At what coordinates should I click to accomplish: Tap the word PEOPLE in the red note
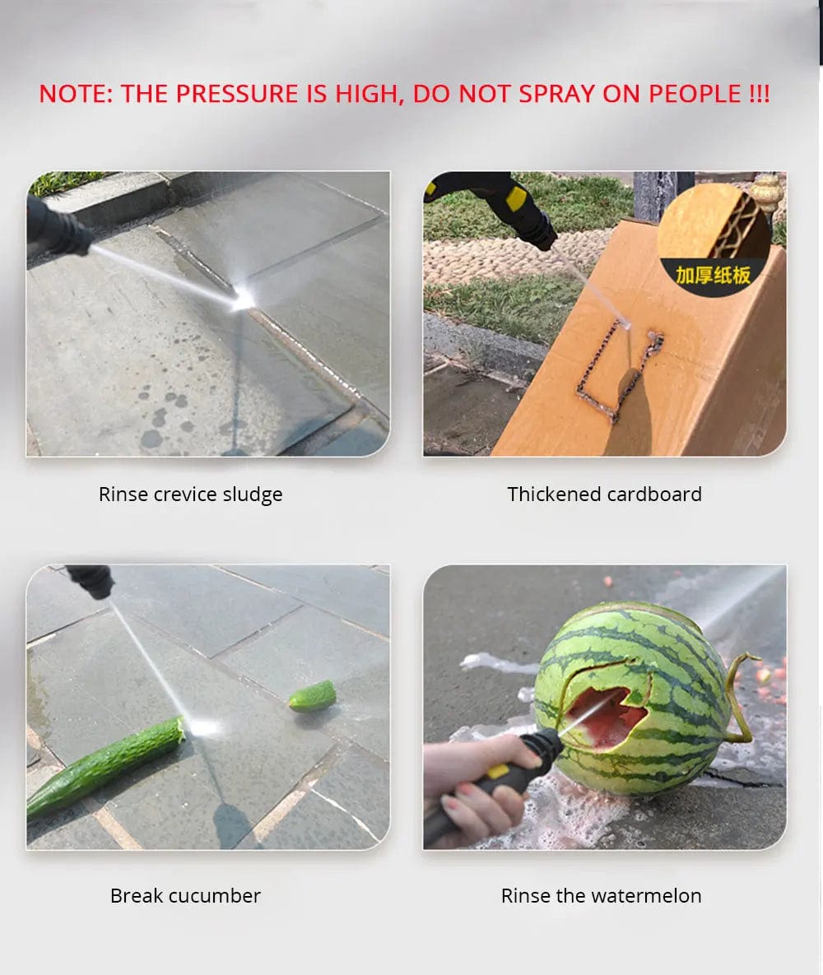pos(695,94)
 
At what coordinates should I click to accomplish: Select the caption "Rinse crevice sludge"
pos(190,494)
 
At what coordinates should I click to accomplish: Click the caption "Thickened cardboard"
pos(604,494)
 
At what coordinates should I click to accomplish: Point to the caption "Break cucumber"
pos(185,895)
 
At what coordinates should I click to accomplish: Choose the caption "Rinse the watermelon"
pos(601,895)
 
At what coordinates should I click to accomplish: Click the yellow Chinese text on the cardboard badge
pos(713,274)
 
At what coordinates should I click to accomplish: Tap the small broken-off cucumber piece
pos(312,696)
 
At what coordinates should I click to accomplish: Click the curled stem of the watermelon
pos(740,696)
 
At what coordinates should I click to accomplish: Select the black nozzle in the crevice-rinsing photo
pos(58,226)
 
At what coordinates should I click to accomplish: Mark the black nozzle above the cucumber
pos(91,581)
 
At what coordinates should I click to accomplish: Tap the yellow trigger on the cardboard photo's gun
pos(516,198)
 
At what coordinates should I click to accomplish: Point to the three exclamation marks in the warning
pos(759,94)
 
